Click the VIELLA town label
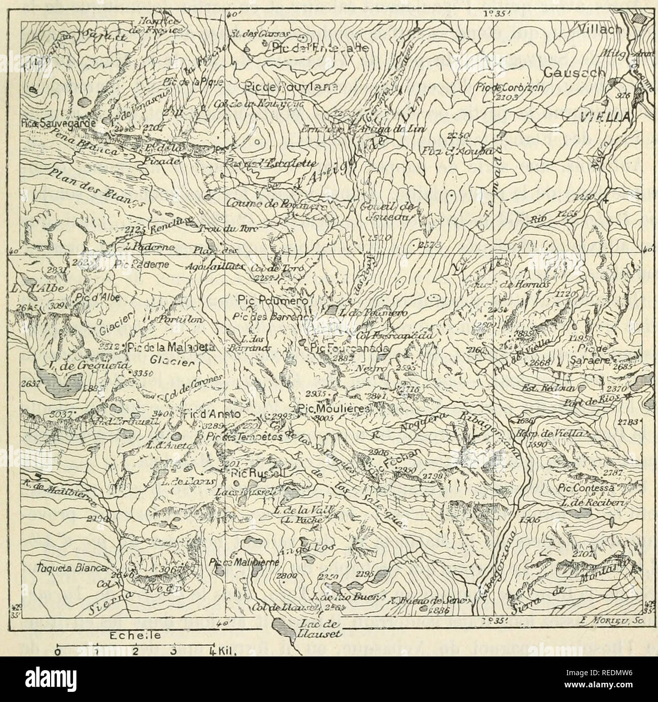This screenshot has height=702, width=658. point(604,117)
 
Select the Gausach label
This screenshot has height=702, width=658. point(574,73)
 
